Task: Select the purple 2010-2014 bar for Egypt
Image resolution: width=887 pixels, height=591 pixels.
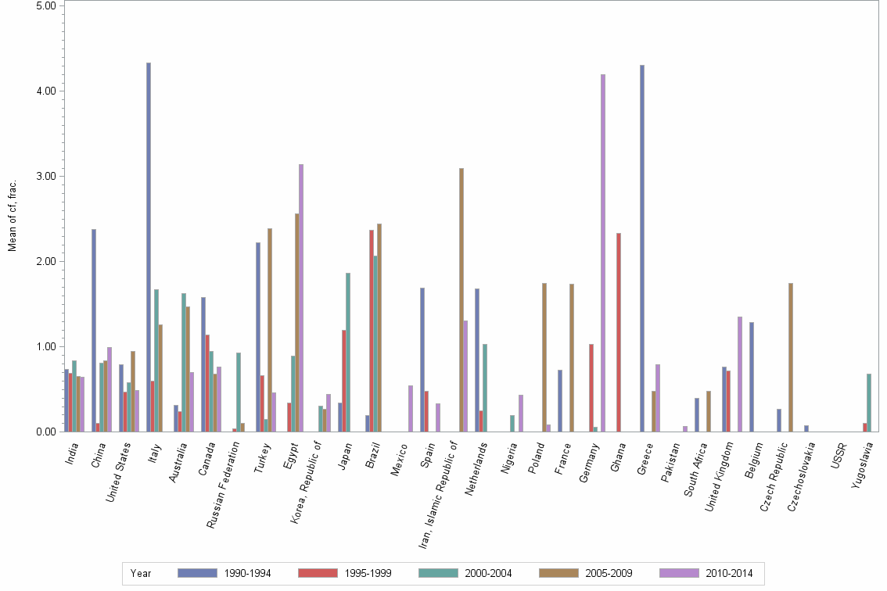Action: [301, 298]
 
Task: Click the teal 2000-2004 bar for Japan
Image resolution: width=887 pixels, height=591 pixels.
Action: [348, 352]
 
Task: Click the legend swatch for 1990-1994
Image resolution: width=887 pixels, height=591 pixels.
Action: [198, 573]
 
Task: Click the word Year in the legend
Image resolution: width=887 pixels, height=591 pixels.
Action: [141, 574]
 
